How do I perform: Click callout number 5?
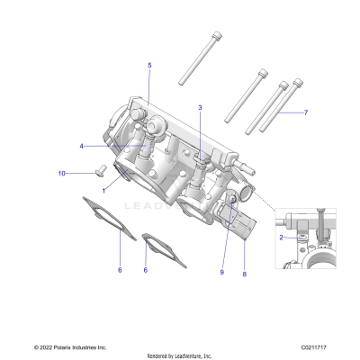point(149,66)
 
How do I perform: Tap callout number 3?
point(200,108)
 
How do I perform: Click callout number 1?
point(105,190)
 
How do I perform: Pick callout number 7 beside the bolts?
point(305,113)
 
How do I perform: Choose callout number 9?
point(222,271)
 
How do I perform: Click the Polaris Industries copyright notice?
point(71,346)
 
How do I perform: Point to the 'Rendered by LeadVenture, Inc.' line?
point(179,355)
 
